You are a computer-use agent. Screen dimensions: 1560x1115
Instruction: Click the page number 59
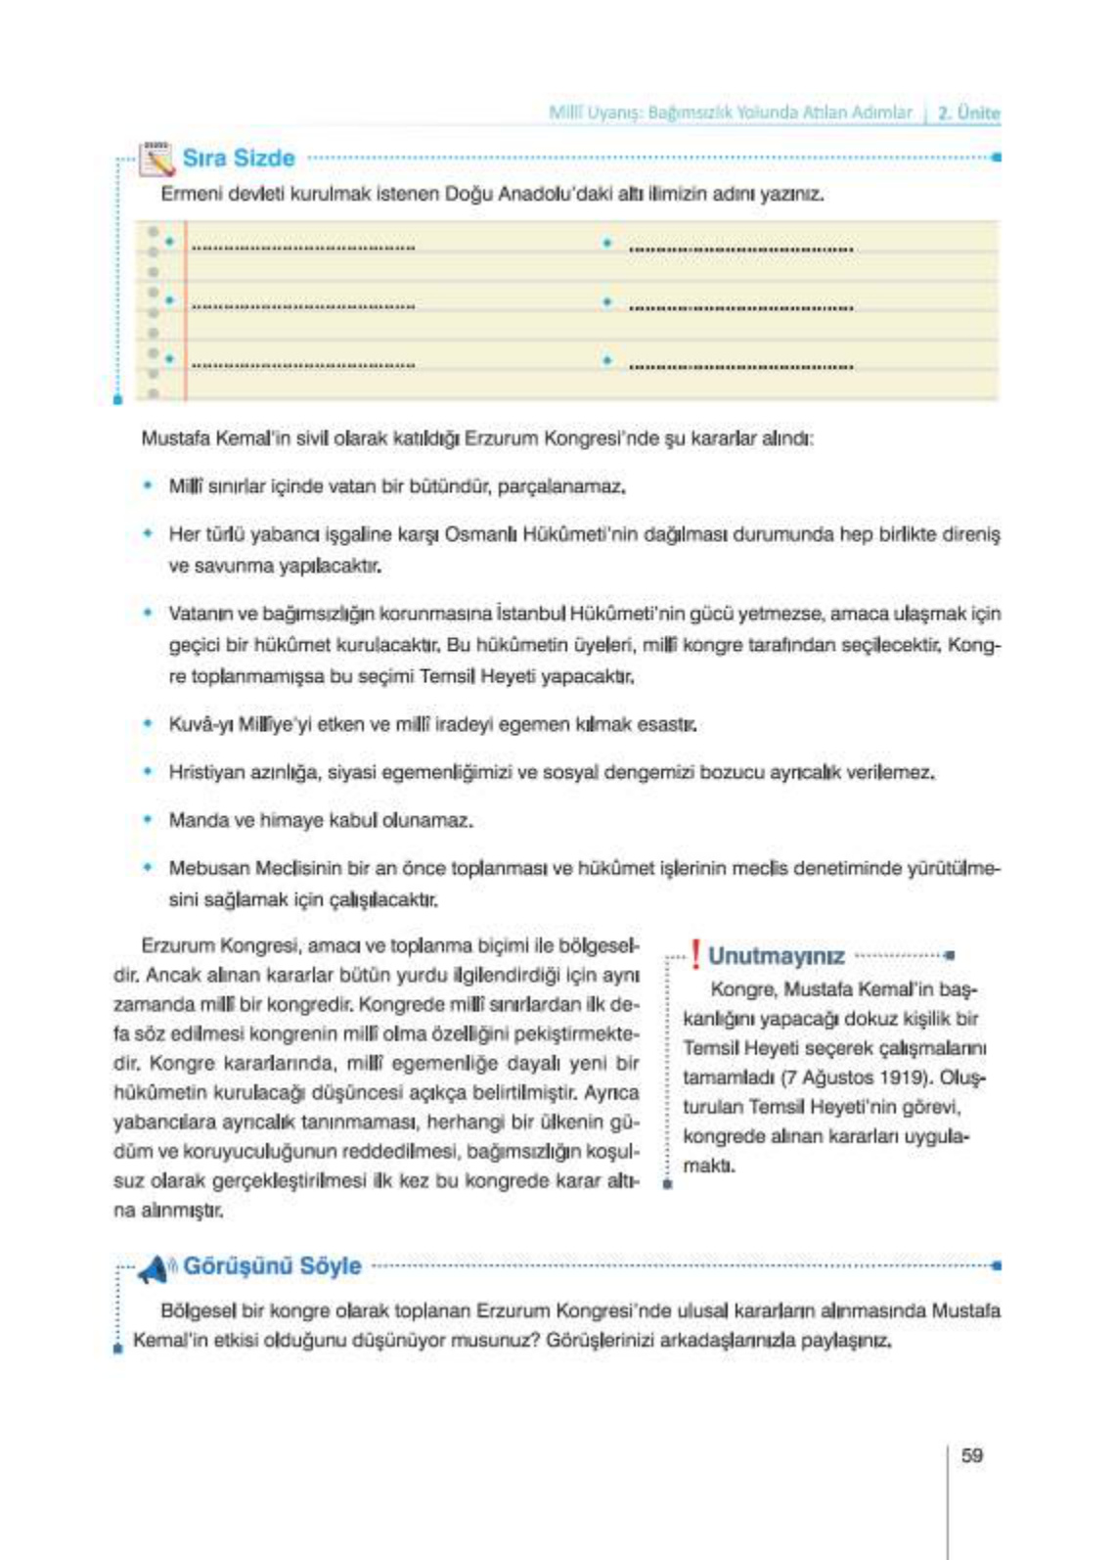pyautogui.click(x=971, y=1455)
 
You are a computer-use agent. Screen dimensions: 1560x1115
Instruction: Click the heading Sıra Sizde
pyautogui.click(x=239, y=159)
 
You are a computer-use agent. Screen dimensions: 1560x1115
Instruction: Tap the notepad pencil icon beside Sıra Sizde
pyautogui.click(x=156, y=159)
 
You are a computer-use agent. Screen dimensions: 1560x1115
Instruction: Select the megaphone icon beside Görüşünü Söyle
pyautogui.click(x=155, y=1269)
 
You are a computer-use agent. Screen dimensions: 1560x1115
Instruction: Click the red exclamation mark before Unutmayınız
pyautogui.click(x=694, y=954)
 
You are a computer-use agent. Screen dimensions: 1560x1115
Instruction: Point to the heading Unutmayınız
pyautogui.click(x=776, y=956)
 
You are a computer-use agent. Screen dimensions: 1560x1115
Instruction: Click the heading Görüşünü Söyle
pyautogui.click(x=272, y=1266)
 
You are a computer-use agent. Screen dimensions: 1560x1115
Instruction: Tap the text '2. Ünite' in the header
pyautogui.click(x=968, y=113)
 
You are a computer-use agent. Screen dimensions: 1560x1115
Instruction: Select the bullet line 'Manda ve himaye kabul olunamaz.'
pyautogui.click(x=321, y=820)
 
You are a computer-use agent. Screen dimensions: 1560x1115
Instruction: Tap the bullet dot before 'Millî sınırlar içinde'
pyautogui.click(x=148, y=485)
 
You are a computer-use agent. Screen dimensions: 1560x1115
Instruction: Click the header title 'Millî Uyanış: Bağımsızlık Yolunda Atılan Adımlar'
pyautogui.click(x=730, y=113)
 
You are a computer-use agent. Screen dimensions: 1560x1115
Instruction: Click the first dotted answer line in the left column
pyautogui.click(x=303, y=248)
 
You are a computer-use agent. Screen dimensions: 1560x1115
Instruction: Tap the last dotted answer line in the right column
pyautogui.click(x=740, y=366)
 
